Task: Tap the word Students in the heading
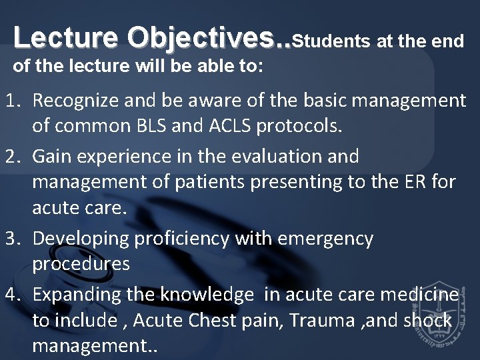pos(331,41)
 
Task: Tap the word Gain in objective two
pos(51,156)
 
